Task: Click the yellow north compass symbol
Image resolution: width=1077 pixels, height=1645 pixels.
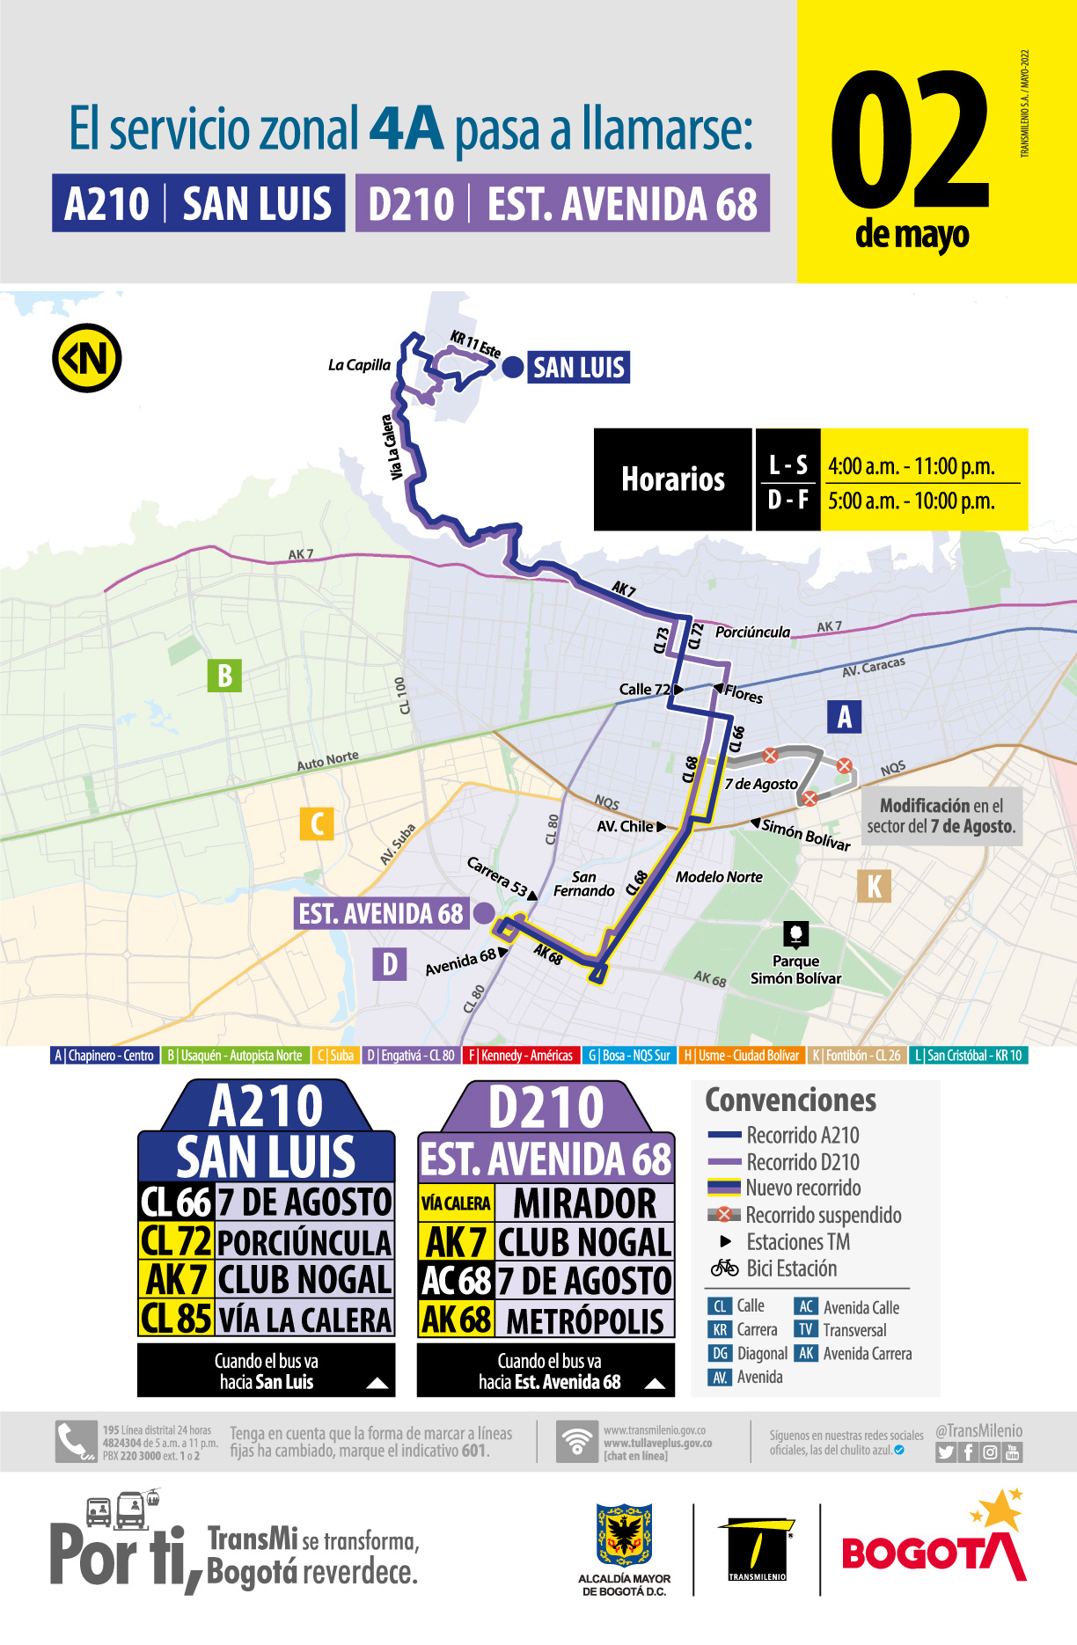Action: (87, 359)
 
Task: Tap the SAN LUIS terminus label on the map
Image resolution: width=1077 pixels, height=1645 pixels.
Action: (578, 368)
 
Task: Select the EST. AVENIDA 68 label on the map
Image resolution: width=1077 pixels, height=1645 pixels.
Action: (380, 914)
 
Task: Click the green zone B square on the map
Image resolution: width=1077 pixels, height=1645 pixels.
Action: (224, 676)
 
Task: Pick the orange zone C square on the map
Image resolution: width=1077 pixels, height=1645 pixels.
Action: (317, 824)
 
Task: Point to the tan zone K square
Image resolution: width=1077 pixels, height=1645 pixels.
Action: (874, 886)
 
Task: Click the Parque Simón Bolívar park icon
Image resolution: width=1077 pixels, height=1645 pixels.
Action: (795, 934)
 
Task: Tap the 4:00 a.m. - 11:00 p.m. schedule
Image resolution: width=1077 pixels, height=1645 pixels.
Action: (912, 466)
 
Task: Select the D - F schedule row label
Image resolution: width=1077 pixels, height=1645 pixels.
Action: (788, 501)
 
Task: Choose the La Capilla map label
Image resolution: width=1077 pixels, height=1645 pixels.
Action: (359, 365)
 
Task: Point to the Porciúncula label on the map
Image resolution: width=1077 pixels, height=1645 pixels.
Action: (752, 632)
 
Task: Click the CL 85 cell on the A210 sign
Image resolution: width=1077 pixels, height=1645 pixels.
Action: (177, 1318)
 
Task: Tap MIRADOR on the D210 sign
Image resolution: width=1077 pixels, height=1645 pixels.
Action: (584, 1203)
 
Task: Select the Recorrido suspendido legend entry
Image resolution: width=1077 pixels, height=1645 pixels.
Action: (823, 1215)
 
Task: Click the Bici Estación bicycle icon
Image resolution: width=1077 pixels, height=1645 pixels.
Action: (725, 1268)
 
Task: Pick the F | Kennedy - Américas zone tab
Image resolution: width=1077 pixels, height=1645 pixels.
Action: (520, 1056)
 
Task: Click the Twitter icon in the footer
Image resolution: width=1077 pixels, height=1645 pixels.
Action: (946, 1452)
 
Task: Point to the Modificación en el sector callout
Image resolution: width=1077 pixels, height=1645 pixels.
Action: (941, 815)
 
